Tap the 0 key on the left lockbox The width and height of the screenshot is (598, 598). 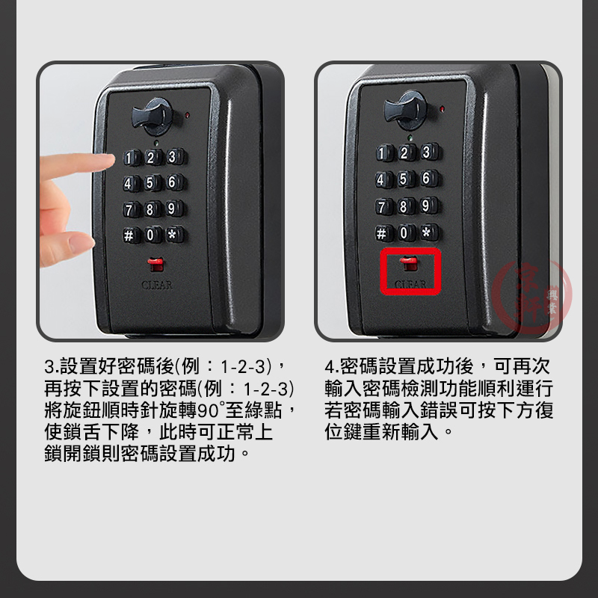coord(152,235)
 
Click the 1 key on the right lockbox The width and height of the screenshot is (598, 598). coord(383,153)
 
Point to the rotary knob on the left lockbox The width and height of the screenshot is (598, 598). coord(152,117)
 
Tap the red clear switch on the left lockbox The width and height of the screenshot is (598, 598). coord(155,265)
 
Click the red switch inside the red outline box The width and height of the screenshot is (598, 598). coord(409,263)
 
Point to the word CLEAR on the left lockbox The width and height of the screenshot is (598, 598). coord(157,285)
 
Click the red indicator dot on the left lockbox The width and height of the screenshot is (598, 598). coord(187,115)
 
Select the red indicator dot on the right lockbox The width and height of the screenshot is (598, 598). coord(442,109)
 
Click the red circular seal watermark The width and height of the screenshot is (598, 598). coord(531,295)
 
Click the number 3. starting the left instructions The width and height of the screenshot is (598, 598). coord(52,366)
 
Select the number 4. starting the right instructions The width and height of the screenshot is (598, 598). coord(332,366)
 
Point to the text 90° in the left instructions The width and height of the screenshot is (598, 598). coord(210,410)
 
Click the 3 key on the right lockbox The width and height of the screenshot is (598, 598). coord(428,152)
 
